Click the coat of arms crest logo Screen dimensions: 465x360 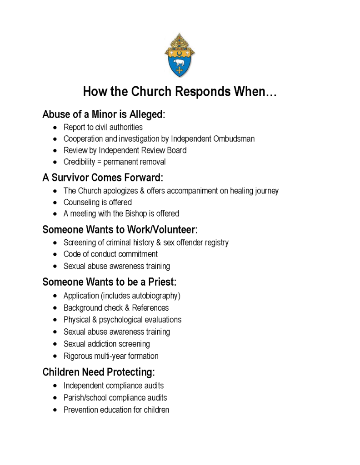tap(180, 55)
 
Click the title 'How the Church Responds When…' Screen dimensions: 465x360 tap(180, 92)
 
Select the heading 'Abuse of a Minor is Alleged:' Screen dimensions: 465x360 tap(104, 114)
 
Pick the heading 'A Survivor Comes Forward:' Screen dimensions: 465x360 tap(102, 177)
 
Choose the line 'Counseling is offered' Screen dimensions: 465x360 tap(97, 202)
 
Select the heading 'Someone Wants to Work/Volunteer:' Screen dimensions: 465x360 tap(120, 229)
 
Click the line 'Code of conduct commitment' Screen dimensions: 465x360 tap(110, 254)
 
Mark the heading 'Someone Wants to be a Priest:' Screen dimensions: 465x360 tap(109, 282)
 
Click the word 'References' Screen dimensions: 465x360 tap(150, 308)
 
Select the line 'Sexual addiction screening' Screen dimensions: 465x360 tap(106, 344)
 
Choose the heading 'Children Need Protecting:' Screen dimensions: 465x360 tap(99, 372)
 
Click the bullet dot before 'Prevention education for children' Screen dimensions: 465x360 tap(55, 410)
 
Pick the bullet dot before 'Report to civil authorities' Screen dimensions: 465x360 tap(55, 127)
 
